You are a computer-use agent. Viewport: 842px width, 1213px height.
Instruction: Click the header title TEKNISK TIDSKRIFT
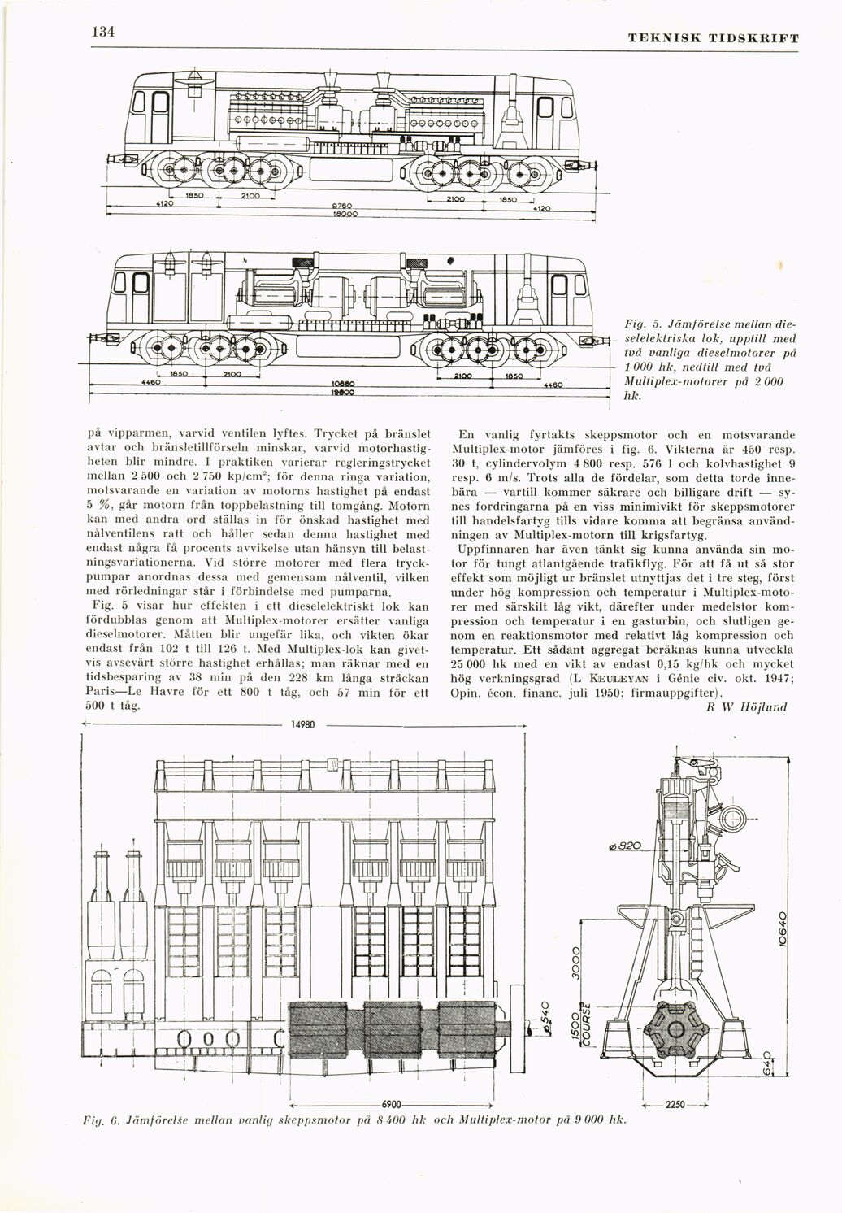[714, 37]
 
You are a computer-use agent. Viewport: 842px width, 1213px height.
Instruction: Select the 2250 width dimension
[676, 1105]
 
